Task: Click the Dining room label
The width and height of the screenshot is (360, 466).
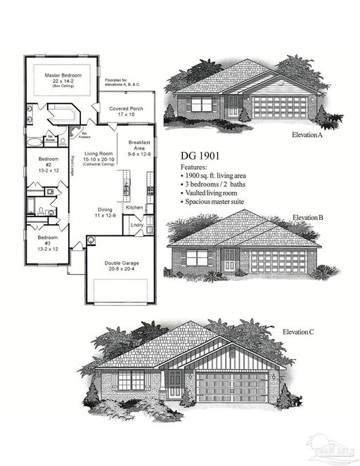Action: (x=103, y=212)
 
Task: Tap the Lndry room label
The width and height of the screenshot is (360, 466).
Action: (x=136, y=225)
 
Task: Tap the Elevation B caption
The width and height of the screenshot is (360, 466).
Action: (x=308, y=218)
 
